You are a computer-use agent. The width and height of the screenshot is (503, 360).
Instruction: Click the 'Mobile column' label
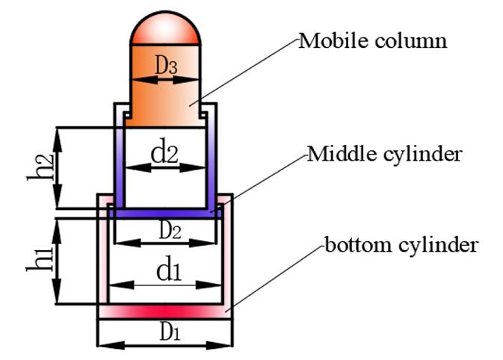(x=372, y=41)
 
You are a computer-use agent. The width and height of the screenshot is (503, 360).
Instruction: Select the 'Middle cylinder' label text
(x=384, y=154)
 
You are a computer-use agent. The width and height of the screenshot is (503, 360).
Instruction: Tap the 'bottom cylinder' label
(x=401, y=245)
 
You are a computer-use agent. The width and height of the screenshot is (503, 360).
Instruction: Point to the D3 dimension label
(x=166, y=65)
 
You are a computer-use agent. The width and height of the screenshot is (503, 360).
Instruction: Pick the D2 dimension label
(x=170, y=229)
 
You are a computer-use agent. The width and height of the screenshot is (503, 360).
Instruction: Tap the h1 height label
(x=40, y=258)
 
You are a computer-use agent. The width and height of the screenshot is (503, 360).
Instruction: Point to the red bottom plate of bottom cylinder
(x=165, y=311)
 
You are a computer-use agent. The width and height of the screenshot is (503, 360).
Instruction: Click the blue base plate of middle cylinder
(x=165, y=213)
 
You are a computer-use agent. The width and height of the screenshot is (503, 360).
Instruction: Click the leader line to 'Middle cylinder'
(x=259, y=183)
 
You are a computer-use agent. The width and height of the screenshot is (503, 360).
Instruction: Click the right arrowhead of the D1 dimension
(x=219, y=346)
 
